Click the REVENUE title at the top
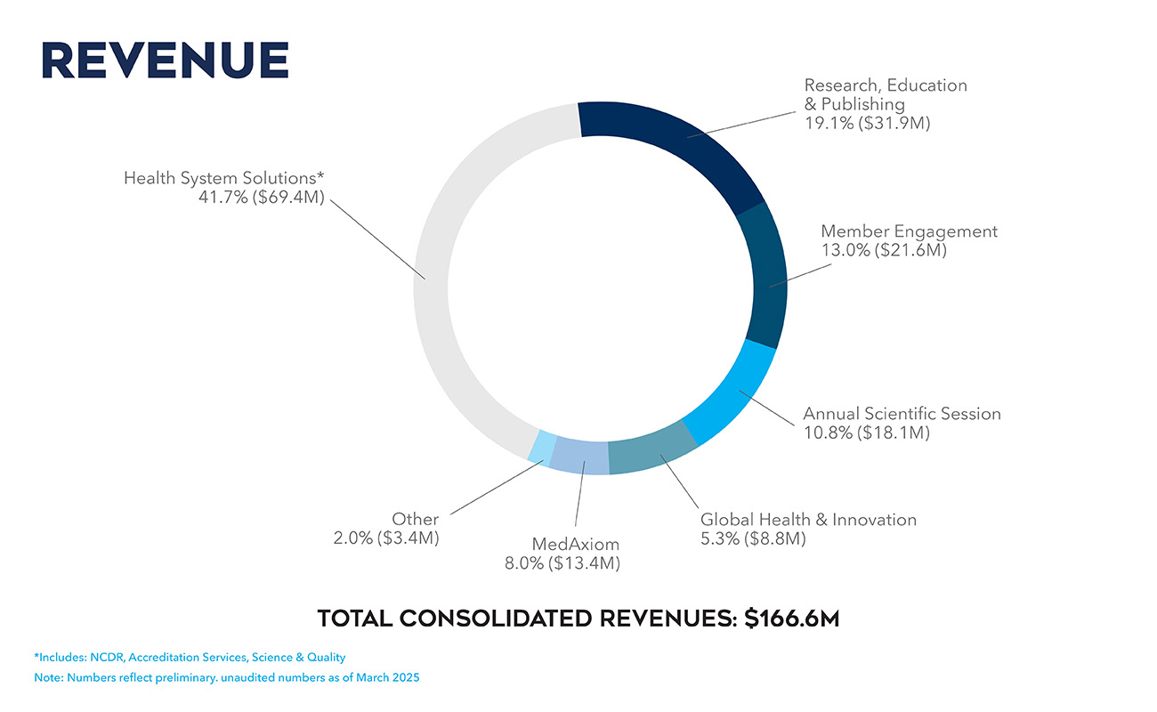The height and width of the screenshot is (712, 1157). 165,60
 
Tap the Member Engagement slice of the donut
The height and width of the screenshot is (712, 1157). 766,276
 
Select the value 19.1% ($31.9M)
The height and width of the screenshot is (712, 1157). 867,123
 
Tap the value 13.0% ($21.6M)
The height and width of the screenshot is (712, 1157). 883,251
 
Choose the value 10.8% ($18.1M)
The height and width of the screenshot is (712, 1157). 867,433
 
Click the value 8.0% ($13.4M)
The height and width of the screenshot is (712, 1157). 562,563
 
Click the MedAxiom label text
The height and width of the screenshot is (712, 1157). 575,544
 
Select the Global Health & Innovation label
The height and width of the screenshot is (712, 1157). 808,520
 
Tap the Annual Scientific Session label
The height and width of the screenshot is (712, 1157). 902,414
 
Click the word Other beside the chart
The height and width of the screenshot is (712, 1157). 415,520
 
